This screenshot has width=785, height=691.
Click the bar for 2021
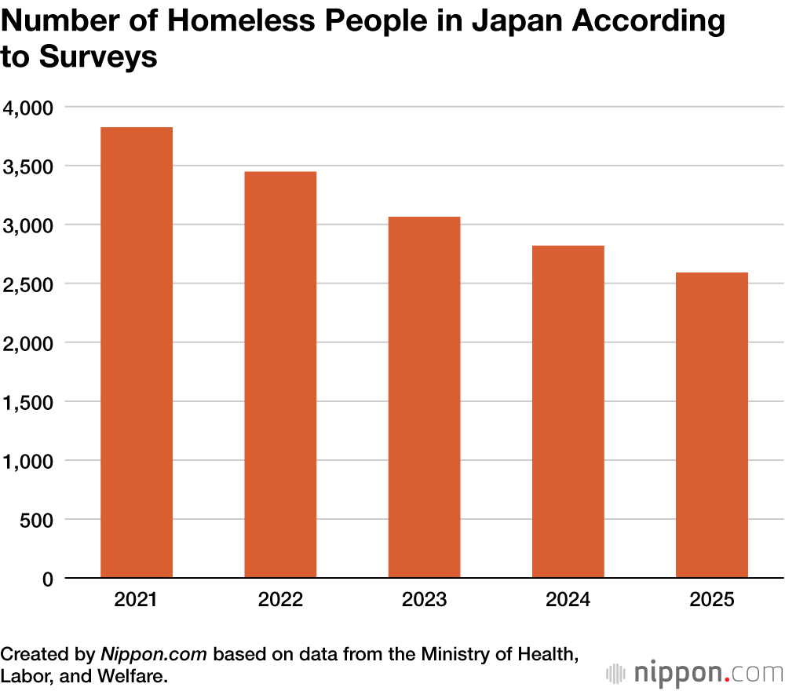pos(137,353)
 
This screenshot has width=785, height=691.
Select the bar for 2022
pos(280,375)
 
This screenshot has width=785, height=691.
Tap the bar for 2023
pos(424,397)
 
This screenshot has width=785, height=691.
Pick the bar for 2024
pos(568,412)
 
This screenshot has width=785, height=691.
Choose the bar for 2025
pos(711,426)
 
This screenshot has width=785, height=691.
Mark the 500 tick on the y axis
pos(37,520)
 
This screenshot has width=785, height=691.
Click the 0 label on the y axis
pos(47,579)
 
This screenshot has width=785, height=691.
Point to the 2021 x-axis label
pos(137,601)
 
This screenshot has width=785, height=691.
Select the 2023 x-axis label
pos(424,601)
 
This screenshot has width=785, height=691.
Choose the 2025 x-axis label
pos(711,601)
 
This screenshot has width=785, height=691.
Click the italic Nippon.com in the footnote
pos(155,654)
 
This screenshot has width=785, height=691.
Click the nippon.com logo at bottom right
pos(695,673)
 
